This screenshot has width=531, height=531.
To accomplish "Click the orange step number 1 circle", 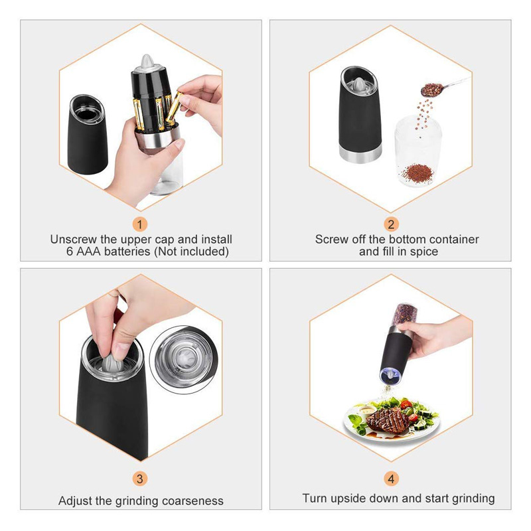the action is [140, 224].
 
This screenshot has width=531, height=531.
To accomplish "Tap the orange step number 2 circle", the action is [391, 224].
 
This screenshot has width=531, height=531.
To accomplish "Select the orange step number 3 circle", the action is [140, 479].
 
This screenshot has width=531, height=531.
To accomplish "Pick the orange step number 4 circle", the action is [391, 479].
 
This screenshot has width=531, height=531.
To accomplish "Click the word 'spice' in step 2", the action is [424, 252].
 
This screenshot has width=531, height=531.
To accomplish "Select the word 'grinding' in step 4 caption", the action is [473, 498].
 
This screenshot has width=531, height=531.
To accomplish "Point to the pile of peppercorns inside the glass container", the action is [417, 173].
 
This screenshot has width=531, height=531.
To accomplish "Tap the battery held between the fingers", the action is [175, 108].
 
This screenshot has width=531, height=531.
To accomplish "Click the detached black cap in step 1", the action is [87, 135].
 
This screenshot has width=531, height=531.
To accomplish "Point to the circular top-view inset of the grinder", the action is [183, 360].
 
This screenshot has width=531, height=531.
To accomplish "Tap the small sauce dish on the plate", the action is [366, 411].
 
